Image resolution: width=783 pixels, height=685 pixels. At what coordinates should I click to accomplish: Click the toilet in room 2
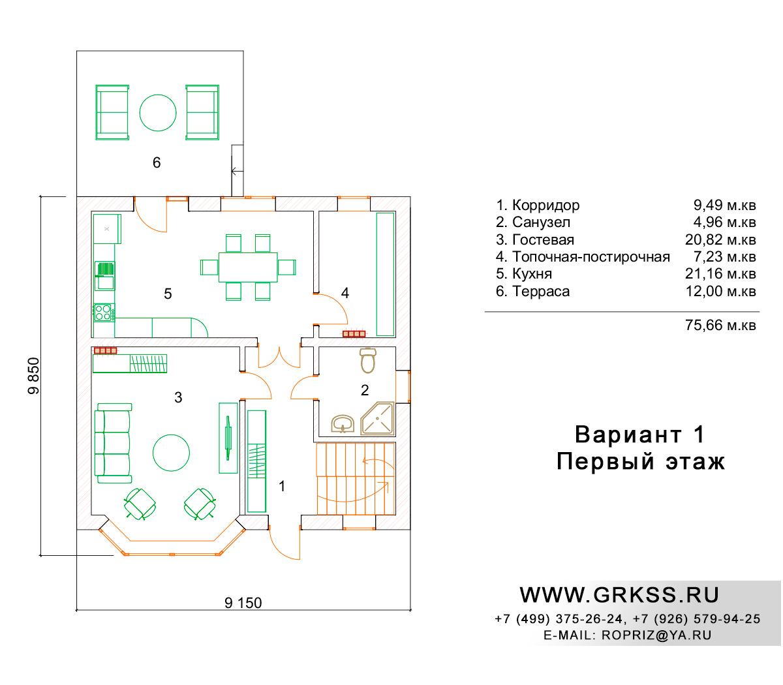[367, 360]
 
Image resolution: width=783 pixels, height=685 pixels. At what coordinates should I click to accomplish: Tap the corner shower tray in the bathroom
[378, 419]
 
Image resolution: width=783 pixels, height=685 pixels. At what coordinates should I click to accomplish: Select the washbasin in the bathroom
[342, 423]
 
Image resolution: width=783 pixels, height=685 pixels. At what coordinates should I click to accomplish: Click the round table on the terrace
[158, 112]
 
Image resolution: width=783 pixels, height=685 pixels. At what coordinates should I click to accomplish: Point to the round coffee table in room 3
[171, 453]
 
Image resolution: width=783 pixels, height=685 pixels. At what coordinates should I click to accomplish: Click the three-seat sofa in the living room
[113, 443]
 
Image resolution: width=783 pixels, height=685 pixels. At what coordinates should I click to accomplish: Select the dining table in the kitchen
[248, 267]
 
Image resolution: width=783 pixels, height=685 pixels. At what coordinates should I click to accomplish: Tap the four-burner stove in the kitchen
[103, 312]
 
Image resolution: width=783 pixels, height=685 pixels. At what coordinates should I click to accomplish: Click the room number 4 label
[345, 293]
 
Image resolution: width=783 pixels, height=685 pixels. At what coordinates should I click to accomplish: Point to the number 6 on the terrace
[157, 162]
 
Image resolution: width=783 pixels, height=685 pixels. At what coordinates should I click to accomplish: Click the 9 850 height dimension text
[34, 376]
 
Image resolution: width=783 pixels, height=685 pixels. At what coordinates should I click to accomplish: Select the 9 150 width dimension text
[243, 603]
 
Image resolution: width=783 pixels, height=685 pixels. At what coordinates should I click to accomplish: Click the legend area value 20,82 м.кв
[720, 239]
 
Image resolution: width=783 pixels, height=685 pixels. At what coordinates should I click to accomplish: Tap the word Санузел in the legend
[541, 222]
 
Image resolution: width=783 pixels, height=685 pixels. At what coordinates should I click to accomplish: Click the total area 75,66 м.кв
[720, 325]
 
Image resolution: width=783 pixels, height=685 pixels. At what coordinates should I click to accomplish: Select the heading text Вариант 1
[639, 434]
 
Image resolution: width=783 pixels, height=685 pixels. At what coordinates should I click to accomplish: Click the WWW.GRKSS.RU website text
[619, 595]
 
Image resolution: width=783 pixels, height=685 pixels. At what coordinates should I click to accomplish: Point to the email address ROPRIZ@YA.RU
[656, 635]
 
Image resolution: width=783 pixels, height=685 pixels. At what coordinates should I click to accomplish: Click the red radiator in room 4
[354, 334]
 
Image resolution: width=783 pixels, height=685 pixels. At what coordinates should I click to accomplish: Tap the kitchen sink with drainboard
[104, 275]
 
